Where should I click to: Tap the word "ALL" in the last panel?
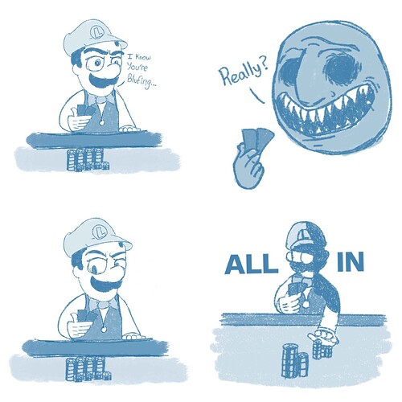(252, 264)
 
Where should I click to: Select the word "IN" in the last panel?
(351, 263)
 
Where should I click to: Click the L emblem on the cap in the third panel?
(100, 231)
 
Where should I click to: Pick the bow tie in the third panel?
(102, 304)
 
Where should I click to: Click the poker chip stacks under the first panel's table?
(88, 159)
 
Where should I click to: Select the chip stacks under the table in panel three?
(88, 368)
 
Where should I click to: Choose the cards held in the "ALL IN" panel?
(293, 290)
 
